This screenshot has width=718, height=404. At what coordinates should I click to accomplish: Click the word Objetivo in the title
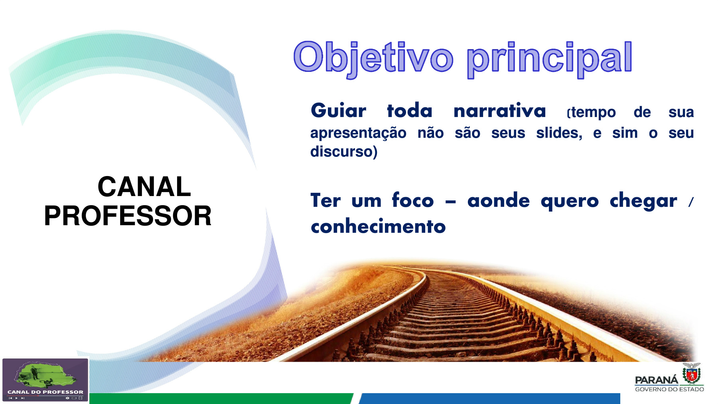click(373, 58)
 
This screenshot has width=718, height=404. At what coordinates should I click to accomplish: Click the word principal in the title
click(550, 59)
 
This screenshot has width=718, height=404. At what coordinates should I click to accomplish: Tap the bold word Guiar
click(338, 110)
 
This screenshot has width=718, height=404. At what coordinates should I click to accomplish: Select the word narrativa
click(500, 110)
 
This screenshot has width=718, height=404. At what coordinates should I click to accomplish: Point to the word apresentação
click(358, 133)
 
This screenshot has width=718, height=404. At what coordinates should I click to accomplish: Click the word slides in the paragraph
click(559, 133)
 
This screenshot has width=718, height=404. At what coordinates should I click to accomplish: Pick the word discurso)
click(344, 151)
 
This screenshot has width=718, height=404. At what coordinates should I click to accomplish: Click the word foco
click(413, 200)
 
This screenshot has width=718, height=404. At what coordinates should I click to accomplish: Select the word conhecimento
click(378, 226)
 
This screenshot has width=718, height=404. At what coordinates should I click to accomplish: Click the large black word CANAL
click(144, 186)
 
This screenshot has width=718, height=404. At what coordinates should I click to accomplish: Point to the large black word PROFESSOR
click(128, 216)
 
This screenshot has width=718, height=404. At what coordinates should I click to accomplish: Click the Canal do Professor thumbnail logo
click(45, 380)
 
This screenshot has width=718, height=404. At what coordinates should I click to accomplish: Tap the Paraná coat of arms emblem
click(692, 374)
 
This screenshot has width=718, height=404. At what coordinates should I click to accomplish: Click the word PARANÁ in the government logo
click(656, 380)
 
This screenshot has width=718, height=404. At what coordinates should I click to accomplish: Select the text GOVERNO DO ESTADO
click(669, 389)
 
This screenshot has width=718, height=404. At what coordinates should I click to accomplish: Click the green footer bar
click(221, 398)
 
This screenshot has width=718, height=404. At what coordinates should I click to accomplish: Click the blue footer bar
click(489, 398)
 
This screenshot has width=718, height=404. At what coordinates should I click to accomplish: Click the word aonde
click(499, 200)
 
